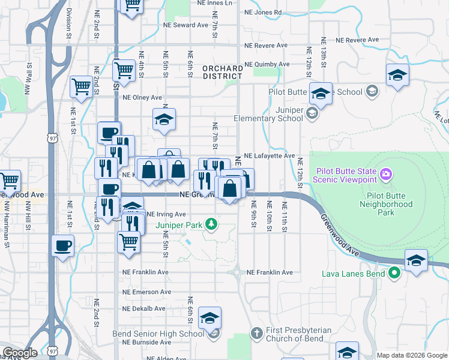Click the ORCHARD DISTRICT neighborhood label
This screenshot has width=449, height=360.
point(222,73)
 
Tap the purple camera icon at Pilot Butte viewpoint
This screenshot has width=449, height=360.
point(385,175)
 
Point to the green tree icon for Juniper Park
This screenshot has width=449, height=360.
point(211,225)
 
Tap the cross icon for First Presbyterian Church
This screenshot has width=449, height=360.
point(256,332)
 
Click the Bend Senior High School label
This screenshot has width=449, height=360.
point(158,334)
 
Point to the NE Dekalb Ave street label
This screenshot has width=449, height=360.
point(143,308)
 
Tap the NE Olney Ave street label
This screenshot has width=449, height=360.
point(142,97)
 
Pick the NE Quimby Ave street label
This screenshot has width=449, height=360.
point(267,64)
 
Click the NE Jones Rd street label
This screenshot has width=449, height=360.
point(263,12)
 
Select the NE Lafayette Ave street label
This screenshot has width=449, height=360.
point(269,155)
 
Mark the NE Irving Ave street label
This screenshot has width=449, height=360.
point(166,214)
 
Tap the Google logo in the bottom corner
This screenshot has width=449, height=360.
point(20,353)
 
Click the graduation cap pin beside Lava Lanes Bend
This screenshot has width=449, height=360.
point(416,261)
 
